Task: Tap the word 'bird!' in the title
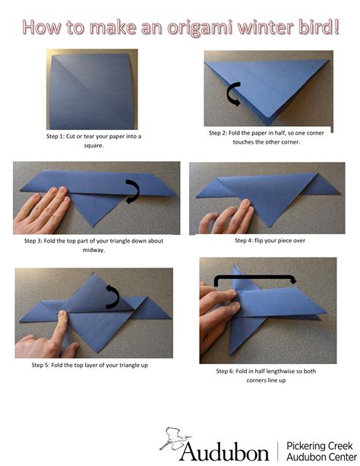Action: click(311, 28)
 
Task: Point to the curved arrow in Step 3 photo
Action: click(133, 192)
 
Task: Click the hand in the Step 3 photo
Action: click(38, 209)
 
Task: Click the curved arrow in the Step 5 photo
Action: click(113, 297)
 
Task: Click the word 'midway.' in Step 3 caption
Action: click(93, 249)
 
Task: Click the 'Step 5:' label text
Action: click(46, 365)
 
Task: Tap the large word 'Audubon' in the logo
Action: click(224, 452)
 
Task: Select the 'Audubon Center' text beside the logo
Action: click(317, 457)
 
